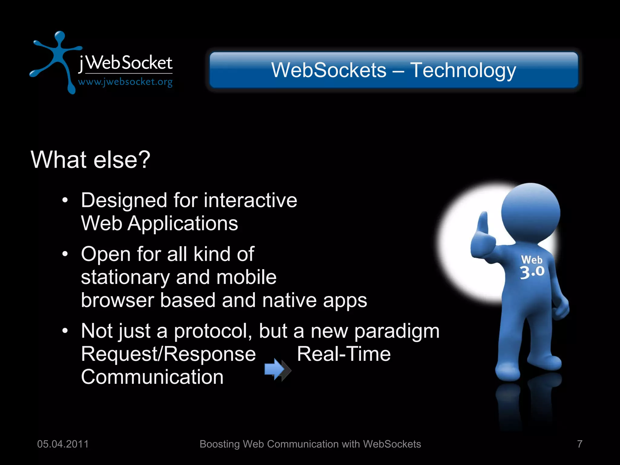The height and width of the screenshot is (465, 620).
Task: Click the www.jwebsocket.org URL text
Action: pos(125,82)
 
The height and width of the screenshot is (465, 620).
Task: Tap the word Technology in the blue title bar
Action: pos(463,70)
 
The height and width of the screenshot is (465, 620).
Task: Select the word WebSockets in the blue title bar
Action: pos(329,70)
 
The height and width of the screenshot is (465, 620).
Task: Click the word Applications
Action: pos(183,223)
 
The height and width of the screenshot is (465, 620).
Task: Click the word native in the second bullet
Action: pos(289,300)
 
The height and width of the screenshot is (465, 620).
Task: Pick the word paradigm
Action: pos(397,331)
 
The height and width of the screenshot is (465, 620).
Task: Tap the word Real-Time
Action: pos(344,354)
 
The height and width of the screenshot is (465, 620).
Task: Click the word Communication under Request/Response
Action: pos(152,377)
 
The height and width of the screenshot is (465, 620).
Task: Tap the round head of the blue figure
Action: pos(530,212)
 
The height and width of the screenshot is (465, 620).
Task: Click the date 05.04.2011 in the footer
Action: pos(63,444)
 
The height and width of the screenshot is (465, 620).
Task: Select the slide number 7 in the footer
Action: pos(579,444)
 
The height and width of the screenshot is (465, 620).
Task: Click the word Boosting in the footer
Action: pos(219,444)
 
